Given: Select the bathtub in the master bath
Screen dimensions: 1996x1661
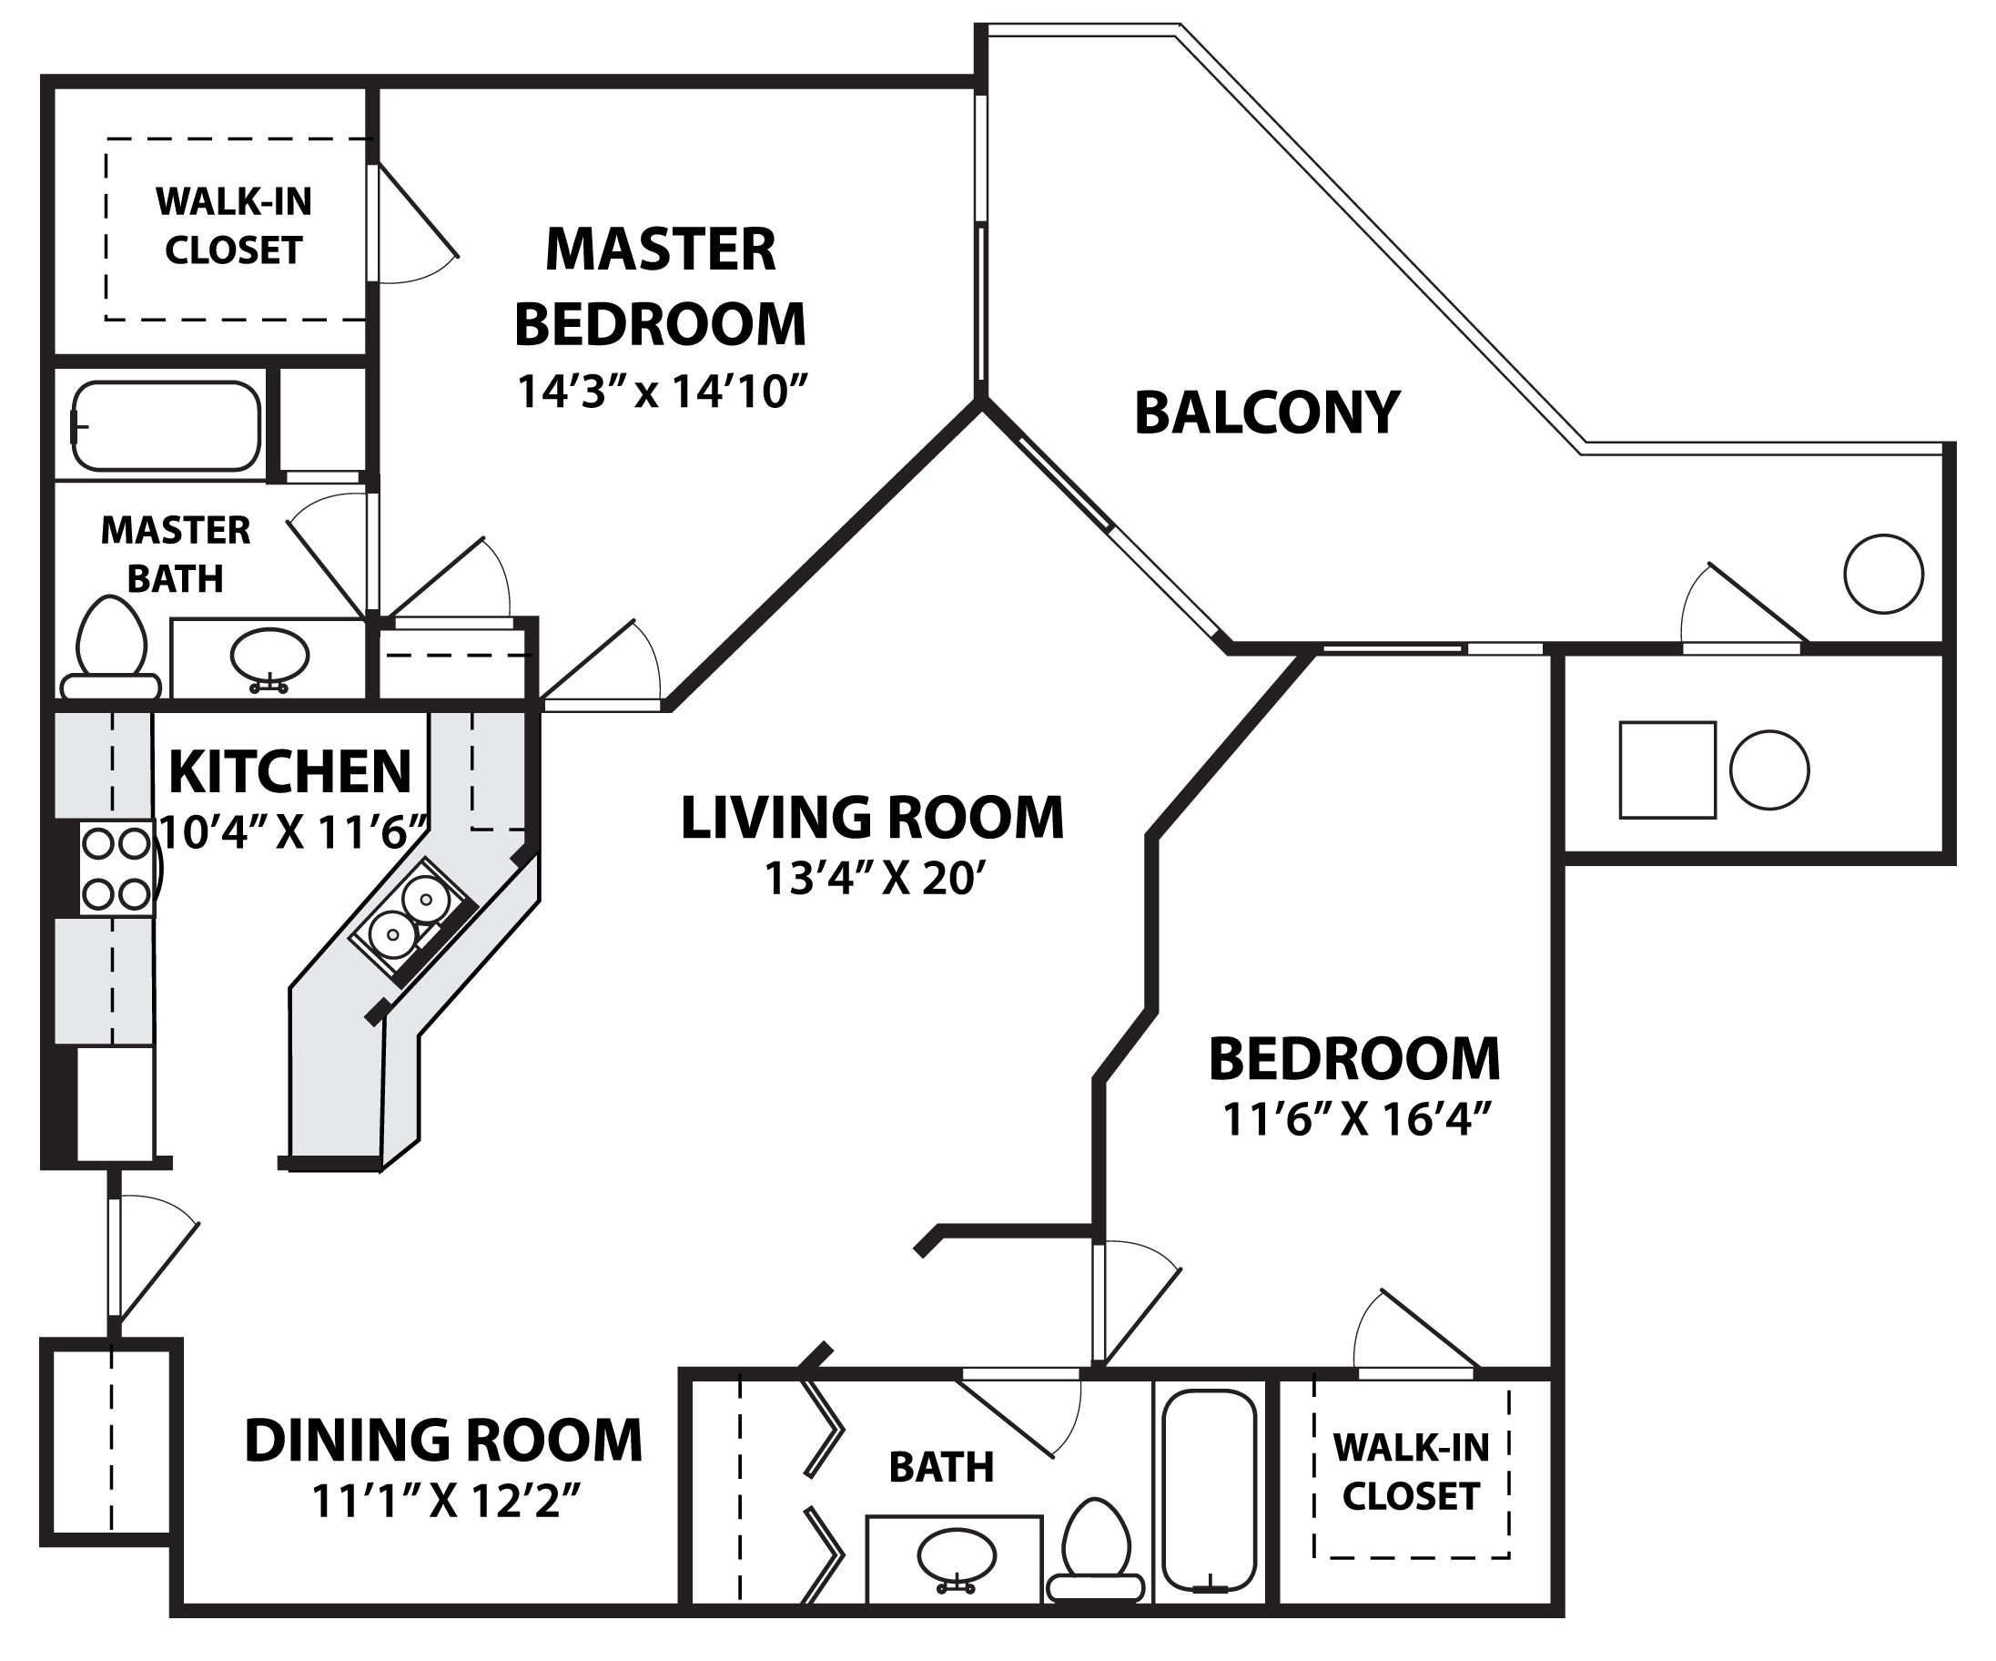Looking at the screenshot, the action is (167, 426).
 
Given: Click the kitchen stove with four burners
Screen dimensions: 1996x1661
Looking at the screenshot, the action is (116, 869).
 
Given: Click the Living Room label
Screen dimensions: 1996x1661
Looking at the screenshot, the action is (873, 818).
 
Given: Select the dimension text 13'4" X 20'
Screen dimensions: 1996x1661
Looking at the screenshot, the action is (872, 879).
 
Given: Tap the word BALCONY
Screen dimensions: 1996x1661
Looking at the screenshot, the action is (1267, 413).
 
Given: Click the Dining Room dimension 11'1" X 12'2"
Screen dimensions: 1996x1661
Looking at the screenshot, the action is (446, 1503).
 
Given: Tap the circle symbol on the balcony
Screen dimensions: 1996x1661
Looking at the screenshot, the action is (1883, 575).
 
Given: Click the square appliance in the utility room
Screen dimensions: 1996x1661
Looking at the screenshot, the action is (1667, 770).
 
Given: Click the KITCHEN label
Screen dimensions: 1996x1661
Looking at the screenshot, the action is (290, 772).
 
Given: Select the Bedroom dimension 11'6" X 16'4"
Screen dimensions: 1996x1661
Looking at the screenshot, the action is (1353, 1119).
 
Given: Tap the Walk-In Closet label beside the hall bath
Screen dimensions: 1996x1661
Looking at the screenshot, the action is (1411, 1472).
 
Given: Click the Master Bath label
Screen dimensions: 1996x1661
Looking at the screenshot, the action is (176, 555).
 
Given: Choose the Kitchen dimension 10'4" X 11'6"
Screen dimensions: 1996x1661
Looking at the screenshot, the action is (290, 832).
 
